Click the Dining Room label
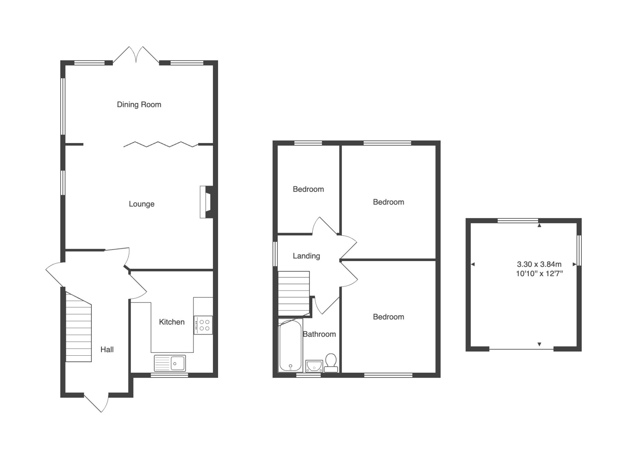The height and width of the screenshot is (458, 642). [139, 105]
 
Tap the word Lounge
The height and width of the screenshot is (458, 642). [142, 204]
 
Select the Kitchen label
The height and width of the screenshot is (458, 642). [172, 322]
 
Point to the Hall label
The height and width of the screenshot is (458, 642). [107, 350]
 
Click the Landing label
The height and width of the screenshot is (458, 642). [306, 256]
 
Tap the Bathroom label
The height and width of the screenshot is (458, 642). [319, 334]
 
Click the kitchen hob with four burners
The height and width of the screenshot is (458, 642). [203, 325]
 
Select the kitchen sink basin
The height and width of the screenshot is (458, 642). [170, 363]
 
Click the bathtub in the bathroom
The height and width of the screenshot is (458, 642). [291, 346]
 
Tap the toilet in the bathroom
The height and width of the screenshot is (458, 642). [331, 363]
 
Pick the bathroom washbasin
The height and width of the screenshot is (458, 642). [314, 366]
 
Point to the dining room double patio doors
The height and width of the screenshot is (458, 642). [136, 55]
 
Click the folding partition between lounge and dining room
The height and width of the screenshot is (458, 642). [161, 144]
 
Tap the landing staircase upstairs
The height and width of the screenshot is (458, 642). [294, 293]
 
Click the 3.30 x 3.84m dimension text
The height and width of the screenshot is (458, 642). [539, 264]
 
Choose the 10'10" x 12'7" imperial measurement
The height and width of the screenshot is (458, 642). [539, 274]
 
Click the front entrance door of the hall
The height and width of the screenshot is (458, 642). [97, 403]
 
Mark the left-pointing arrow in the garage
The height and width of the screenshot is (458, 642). [473, 264]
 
